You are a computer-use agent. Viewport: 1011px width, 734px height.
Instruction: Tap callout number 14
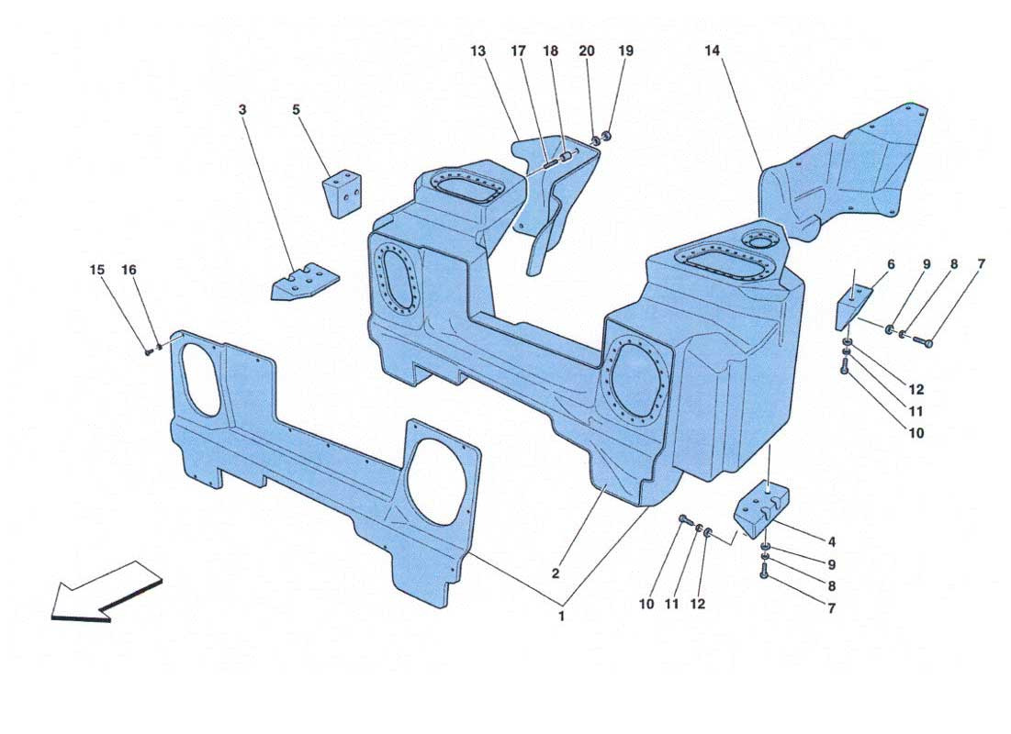(712, 50)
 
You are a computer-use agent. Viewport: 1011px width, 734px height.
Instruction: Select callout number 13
(477, 50)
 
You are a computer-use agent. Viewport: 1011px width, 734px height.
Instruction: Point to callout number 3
(242, 110)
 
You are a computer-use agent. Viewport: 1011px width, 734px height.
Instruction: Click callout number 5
(296, 109)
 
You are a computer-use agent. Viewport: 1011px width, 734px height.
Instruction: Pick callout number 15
(97, 270)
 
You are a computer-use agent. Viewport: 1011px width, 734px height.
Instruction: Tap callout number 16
(129, 270)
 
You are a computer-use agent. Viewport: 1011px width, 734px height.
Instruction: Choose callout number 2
(556, 573)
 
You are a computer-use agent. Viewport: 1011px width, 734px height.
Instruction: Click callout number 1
(562, 616)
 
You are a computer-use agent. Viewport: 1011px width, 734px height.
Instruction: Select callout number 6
(891, 264)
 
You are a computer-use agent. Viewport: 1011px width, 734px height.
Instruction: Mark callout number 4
(832, 542)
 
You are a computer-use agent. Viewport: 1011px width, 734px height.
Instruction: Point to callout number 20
(587, 50)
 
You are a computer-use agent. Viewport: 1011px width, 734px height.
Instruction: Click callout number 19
(626, 50)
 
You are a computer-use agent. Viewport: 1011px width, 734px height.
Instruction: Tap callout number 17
(519, 50)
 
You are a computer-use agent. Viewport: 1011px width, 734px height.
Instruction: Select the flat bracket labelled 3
(305, 282)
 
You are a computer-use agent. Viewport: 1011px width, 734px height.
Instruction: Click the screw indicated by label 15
(149, 351)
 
